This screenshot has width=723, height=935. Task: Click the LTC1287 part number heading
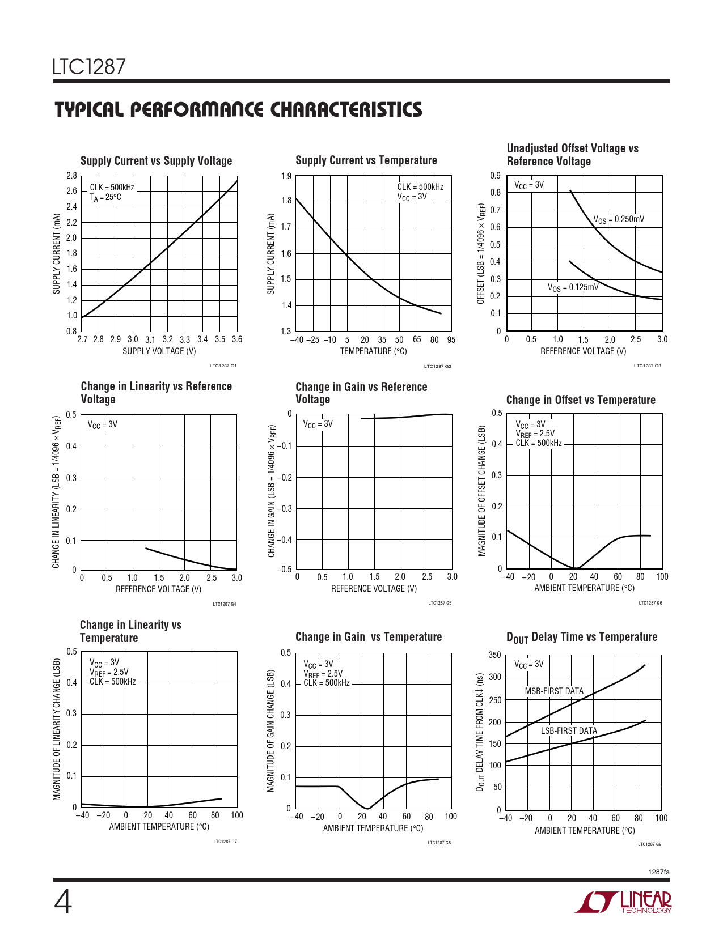coord(88,67)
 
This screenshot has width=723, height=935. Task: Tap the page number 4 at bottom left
coord(63,902)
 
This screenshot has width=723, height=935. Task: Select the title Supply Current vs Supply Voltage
coord(156,161)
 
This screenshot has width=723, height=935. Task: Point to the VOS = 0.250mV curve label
coord(619,219)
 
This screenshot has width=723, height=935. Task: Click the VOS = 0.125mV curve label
coord(573,287)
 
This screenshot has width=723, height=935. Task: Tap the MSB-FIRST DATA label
coord(554,691)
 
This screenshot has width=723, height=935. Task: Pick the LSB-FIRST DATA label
coord(569,731)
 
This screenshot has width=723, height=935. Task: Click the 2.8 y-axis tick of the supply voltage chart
coord(71,176)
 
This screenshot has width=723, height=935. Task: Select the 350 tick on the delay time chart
coord(494,655)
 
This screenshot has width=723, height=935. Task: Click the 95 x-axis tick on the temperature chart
coord(451,340)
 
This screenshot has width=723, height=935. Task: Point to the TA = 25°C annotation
coord(105,198)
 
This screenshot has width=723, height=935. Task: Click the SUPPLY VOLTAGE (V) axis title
coord(159,351)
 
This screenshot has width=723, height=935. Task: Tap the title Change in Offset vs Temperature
coord(581,400)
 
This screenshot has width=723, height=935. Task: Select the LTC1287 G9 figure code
coord(649,844)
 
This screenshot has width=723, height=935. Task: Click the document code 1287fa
coord(658,872)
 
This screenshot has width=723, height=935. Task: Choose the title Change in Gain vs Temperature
coord(369,637)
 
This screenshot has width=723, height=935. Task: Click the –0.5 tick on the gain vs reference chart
coord(285,569)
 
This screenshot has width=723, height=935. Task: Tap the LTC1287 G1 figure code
coord(223,366)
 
